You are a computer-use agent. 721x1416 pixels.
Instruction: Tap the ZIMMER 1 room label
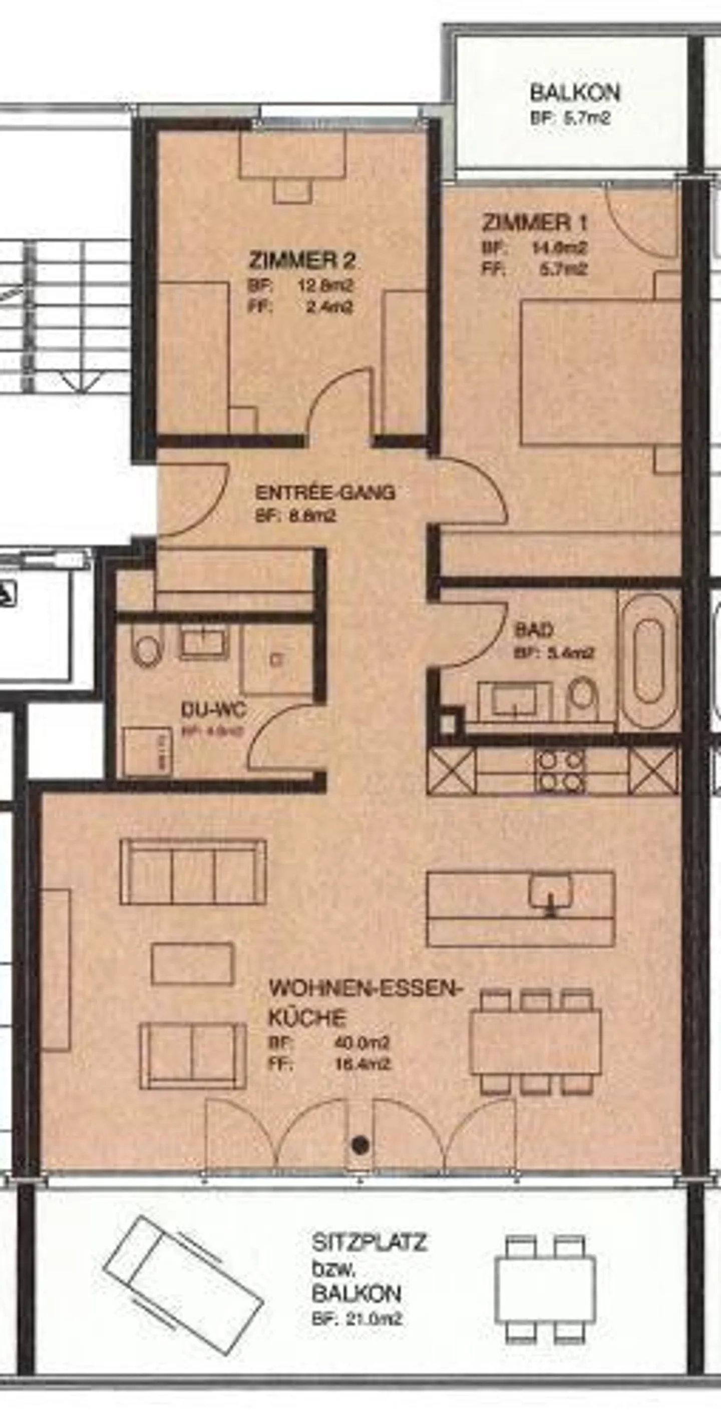(x=535, y=223)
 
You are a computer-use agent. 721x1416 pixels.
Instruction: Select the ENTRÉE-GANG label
(x=325, y=492)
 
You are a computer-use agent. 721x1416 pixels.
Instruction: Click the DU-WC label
(x=213, y=710)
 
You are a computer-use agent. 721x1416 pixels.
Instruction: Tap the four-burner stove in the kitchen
(x=561, y=771)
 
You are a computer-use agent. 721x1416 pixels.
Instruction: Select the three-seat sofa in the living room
(x=193, y=872)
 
